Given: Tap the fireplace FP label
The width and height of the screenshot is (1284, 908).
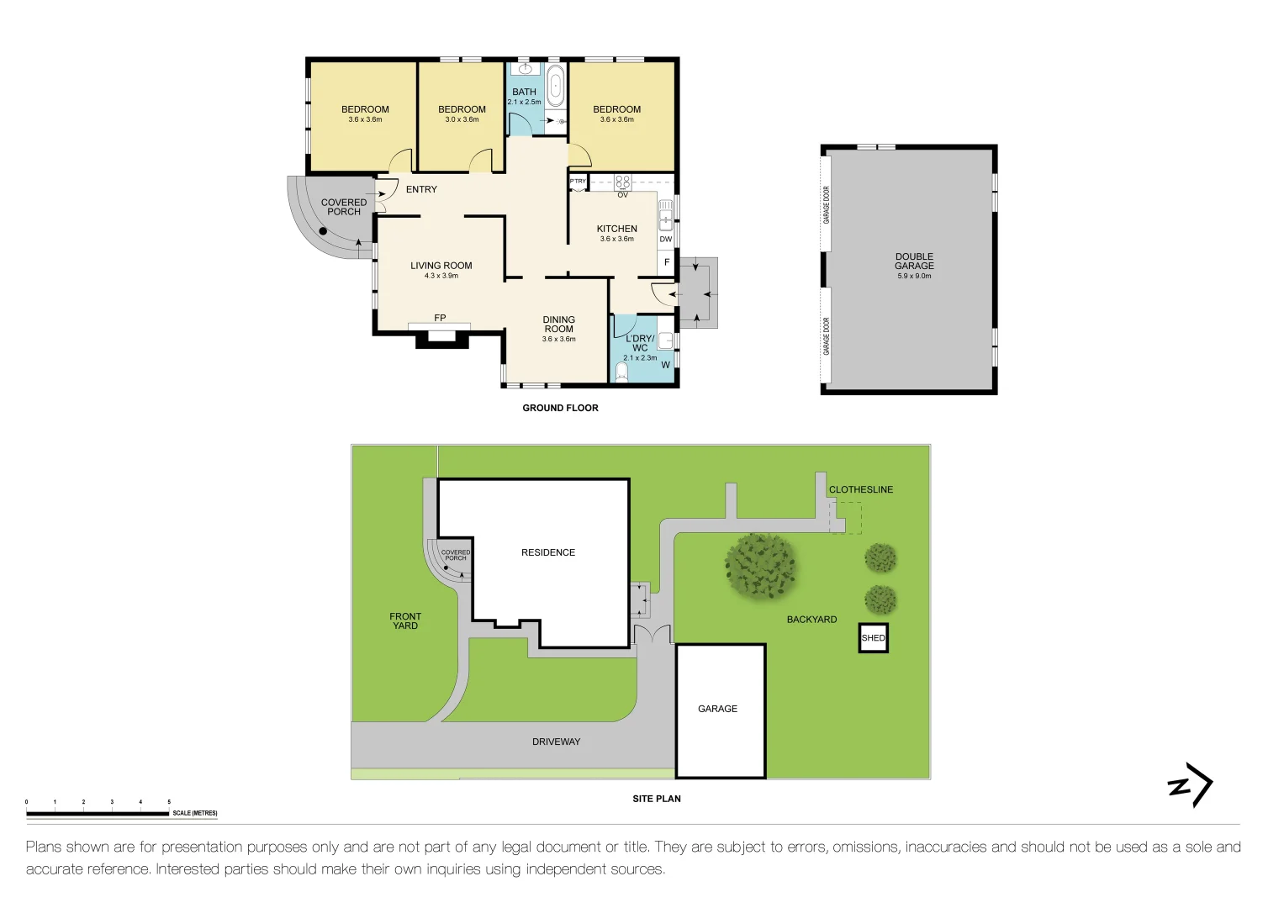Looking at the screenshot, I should tap(440, 318).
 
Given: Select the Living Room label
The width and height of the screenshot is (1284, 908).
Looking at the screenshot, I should tap(441, 266).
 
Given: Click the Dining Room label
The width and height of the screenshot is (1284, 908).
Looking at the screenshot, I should tap(558, 325).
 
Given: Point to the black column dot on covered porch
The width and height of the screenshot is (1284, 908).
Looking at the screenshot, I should tap(323, 231).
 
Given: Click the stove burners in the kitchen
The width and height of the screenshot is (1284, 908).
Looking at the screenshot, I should tap(622, 182).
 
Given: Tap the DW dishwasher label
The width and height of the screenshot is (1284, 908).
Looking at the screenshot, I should tap(665, 240).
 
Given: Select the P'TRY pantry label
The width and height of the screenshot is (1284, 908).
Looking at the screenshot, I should tap(578, 182).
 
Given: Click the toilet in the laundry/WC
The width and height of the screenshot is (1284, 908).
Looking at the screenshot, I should tap(622, 372).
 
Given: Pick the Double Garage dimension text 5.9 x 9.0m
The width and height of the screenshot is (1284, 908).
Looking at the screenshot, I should tap(914, 276).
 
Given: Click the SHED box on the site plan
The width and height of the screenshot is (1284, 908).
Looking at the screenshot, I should tap(873, 638).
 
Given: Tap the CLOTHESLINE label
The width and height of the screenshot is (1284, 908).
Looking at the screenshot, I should tap(861, 489).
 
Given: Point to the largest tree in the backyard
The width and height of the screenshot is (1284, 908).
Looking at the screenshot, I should tap(761, 567).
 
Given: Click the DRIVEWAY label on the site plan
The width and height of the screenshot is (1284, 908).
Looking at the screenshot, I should tap(556, 742).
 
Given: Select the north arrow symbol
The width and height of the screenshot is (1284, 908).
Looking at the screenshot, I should tap(1191, 785).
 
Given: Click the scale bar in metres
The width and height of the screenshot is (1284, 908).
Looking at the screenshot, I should tap(98, 813).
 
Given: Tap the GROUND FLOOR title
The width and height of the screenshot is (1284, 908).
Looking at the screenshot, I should tap(560, 408).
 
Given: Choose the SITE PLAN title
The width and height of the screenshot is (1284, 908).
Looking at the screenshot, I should tap(657, 799).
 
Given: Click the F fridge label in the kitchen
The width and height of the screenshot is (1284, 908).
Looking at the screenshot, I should tap(667, 262).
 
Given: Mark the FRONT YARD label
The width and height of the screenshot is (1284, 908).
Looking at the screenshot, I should tap(405, 621).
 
